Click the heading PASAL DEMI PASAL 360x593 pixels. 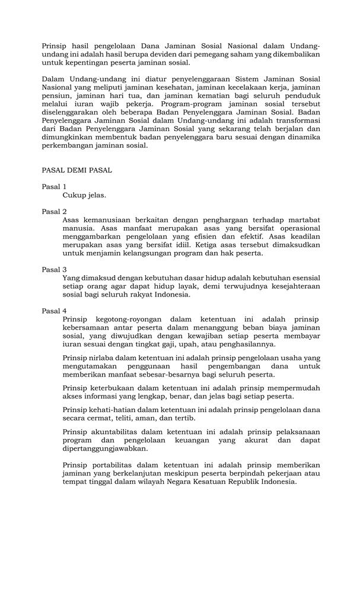(x=77, y=170)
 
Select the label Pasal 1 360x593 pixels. (x=54, y=187)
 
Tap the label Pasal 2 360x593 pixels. (x=54, y=212)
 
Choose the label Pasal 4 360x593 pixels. (x=54, y=311)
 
